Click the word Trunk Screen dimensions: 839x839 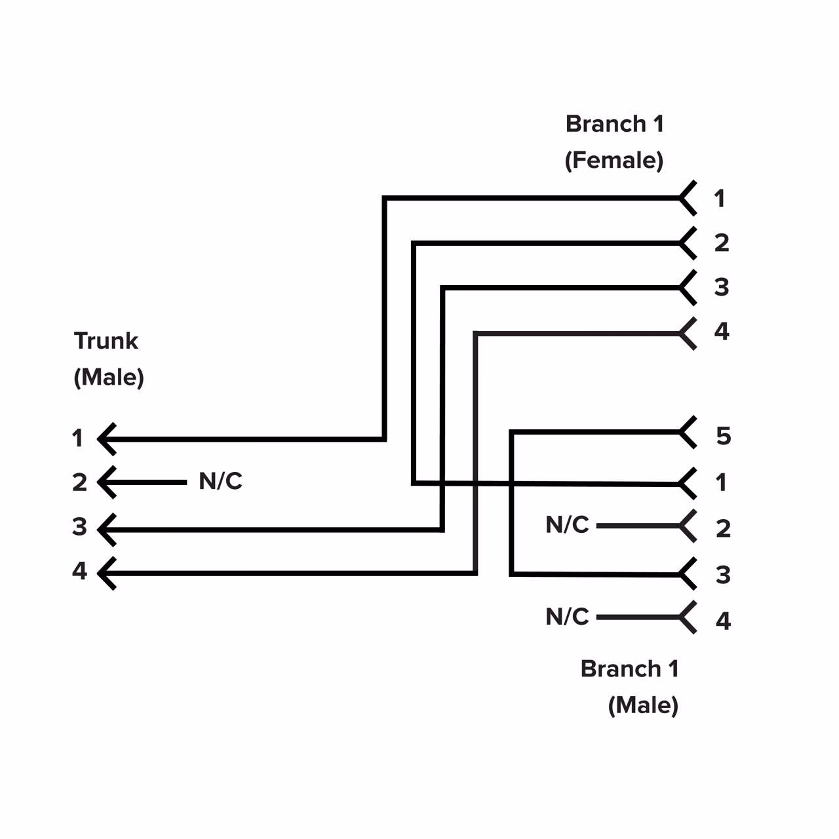(106, 341)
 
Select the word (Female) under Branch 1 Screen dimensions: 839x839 (614, 160)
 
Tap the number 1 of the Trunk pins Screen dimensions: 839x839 (77, 438)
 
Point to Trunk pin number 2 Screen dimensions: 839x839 (79, 482)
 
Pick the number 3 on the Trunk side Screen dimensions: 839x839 (79, 527)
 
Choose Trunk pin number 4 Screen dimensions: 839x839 (79, 571)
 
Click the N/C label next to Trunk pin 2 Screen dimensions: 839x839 (220, 482)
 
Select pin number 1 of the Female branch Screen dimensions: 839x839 (720, 199)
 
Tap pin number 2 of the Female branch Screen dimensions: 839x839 (721, 243)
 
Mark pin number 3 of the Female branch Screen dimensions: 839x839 (721, 287)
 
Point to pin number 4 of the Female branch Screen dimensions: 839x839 (721, 332)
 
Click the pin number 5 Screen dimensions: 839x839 (723, 436)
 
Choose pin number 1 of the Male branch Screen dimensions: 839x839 (721, 482)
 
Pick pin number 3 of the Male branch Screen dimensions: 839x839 (722, 575)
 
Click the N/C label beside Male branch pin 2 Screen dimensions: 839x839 (567, 525)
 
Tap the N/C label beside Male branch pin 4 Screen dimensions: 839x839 (567, 617)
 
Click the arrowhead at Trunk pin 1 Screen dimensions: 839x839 (107, 439)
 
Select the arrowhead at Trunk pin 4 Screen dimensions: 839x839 (107, 573)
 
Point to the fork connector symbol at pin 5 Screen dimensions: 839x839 (687, 432)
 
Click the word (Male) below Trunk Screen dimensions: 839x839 (109, 378)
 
